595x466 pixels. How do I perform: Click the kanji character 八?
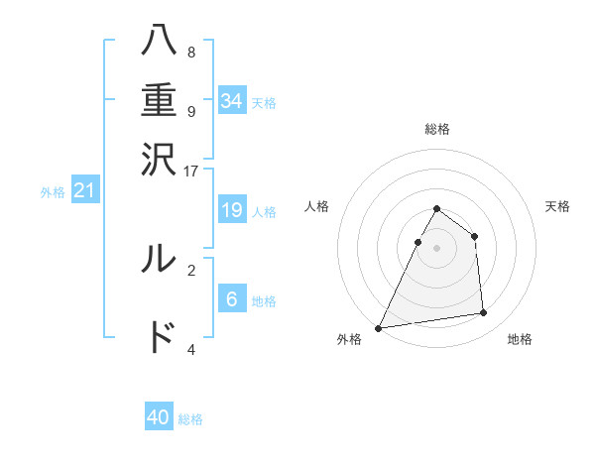[x=160, y=42]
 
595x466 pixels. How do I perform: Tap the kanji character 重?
[x=160, y=100]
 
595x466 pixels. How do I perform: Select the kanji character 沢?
[x=160, y=159]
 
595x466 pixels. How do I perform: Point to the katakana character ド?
[x=160, y=338]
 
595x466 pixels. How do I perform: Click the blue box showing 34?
[x=232, y=100]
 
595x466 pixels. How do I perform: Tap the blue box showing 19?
[x=232, y=209]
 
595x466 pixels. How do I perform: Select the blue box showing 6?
[x=232, y=298]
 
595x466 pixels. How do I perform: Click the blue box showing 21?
[x=84, y=190]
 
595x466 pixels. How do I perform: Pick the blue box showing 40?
[x=159, y=417]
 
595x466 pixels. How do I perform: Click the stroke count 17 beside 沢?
[x=190, y=170]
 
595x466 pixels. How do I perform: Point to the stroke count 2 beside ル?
[x=191, y=269]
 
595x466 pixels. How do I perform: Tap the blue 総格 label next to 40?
[x=190, y=419]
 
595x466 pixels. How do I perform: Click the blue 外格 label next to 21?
[x=53, y=192]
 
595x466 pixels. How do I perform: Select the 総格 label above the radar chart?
[x=436, y=129]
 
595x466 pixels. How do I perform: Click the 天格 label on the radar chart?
[x=557, y=206]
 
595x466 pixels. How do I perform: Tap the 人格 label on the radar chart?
[x=316, y=206]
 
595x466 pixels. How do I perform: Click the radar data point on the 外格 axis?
[x=378, y=327]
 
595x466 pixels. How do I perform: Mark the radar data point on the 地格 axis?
[x=484, y=313]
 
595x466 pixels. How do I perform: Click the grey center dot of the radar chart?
[x=436, y=247]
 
